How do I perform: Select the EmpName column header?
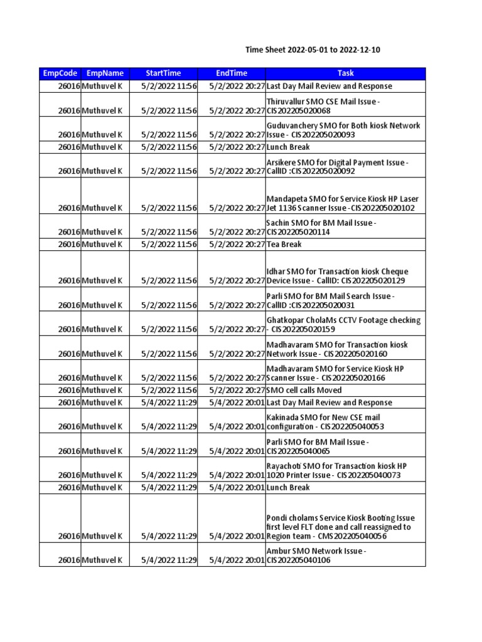point(105,73)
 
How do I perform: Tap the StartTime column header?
point(163,73)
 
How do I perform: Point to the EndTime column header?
point(232,73)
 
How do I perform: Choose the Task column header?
point(346,73)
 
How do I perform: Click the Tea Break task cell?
point(284,245)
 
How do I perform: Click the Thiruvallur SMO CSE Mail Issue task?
point(323,106)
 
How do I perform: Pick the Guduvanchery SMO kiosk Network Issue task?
point(343,130)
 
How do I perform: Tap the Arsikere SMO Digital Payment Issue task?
point(338,167)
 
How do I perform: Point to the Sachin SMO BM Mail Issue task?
point(322,227)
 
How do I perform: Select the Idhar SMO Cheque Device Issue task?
point(338,276)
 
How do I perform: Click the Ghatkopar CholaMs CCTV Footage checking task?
point(343,324)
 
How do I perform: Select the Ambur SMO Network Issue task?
point(316,555)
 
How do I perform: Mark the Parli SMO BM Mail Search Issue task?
point(330,300)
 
